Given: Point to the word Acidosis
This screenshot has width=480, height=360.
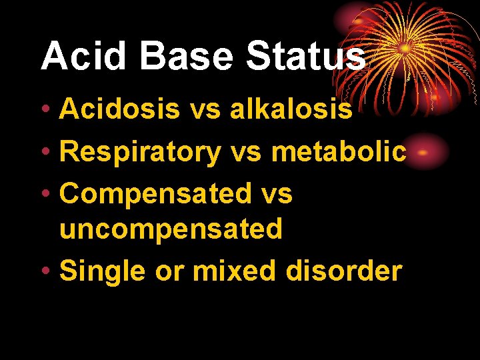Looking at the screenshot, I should pos(119,109).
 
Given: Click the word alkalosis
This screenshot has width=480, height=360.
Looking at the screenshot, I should pos(291,109).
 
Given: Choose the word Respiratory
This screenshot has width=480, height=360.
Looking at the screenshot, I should pos(140,152).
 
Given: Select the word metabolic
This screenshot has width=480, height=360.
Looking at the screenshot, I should pos(338,152).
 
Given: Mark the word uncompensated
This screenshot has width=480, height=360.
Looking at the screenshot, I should pos(171,229).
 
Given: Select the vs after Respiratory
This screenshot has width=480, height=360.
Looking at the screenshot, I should pos(246,152).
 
